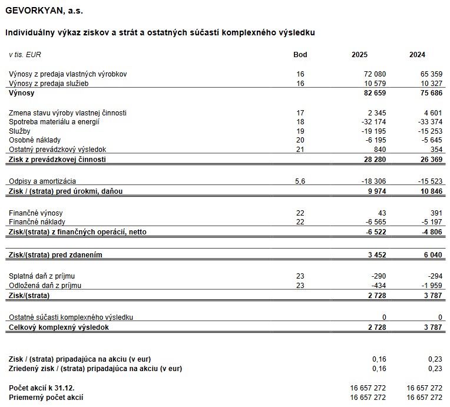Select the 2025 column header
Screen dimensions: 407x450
pyautogui.click(x=359, y=55)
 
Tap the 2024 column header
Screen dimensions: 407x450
pyautogui.click(x=417, y=55)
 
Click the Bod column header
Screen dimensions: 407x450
pyautogui.click(x=300, y=55)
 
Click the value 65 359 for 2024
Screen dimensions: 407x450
pyautogui.click(x=429, y=74)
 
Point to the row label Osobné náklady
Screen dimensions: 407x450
pyautogui.click(x=34, y=140)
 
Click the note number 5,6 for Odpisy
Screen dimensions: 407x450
pyautogui.click(x=300, y=181)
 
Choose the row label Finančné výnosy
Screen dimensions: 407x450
pyautogui.click(x=35, y=213)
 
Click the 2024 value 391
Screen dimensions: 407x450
pyautogui.click(x=435, y=213)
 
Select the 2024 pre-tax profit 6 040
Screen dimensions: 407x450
pyautogui.click(x=432, y=254)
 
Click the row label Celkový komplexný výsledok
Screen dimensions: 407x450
pyautogui.click(x=58, y=327)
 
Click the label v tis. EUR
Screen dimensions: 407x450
pyautogui.click(x=25, y=55)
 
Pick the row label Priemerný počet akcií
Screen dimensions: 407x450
pyautogui.click(x=46, y=398)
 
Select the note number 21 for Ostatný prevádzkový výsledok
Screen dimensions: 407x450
pyautogui.click(x=300, y=150)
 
